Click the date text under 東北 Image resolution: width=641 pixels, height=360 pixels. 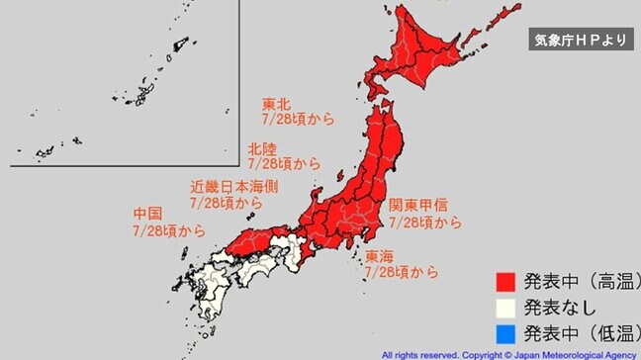coord(298,118)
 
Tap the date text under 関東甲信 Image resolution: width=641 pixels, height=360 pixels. coord(425,223)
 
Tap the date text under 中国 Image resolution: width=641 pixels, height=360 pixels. coord(169,230)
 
